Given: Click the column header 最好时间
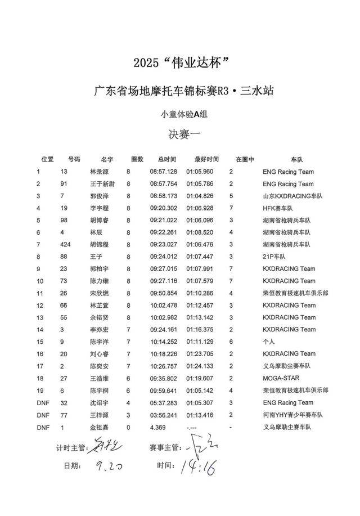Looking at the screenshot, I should tap(206, 159).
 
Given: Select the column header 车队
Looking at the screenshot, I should tap(297, 159).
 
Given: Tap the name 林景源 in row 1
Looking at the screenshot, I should tap(100, 172).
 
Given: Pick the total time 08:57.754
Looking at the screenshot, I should tap(163, 184).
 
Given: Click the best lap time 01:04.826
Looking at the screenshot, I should tap(200, 196).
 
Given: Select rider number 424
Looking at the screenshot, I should tap(66, 245).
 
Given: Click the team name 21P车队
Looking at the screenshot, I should tap(274, 257).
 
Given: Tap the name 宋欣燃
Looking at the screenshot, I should tap(100, 293).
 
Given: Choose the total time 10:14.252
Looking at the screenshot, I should tap(163, 342).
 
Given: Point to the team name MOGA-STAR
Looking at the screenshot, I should tap(280, 378).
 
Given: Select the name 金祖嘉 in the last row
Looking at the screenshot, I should tap(100, 427).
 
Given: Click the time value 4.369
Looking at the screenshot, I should tap(157, 427).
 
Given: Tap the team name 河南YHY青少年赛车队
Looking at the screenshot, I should tap(292, 415).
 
